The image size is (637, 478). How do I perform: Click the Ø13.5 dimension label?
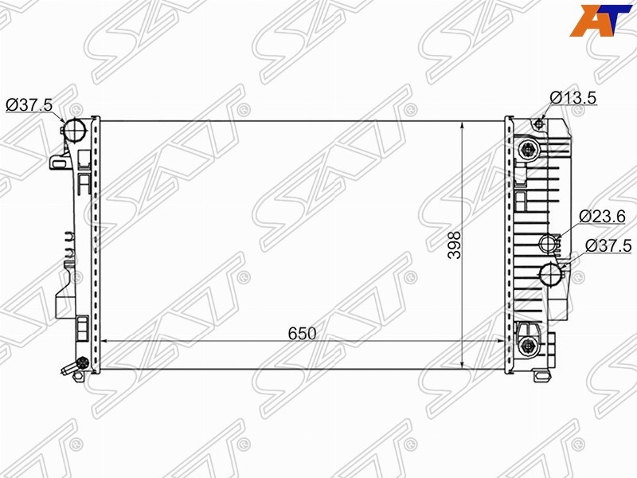click(573, 97)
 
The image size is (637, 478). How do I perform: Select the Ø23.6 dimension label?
click(602, 217)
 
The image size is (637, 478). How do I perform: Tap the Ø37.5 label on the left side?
click(29, 105)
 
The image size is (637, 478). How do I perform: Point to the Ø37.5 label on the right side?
click(608, 245)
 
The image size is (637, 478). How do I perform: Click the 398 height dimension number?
click(455, 245)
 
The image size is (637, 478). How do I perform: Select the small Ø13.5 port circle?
click(539, 123)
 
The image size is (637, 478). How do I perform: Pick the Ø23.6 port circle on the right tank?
click(548, 243)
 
